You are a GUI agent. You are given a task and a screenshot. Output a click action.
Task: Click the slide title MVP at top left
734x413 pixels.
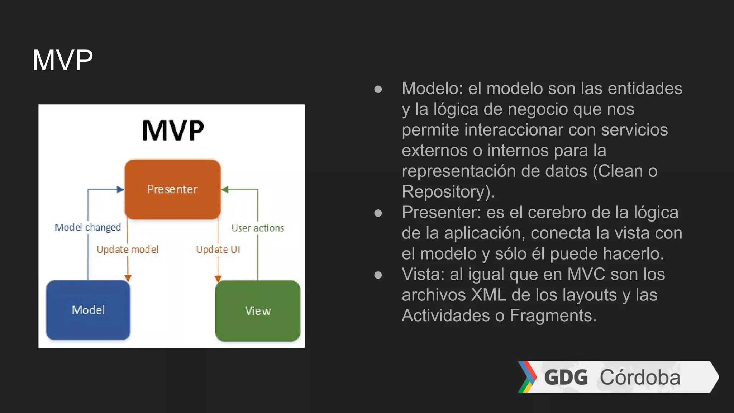(62, 60)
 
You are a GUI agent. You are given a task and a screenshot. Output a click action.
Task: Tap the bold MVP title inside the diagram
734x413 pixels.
(173, 130)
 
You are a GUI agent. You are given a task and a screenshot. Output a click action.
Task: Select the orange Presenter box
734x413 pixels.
(172, 189)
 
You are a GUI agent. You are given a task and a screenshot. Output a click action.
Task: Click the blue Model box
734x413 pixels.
(88, 310)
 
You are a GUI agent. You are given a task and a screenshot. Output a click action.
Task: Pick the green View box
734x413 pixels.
(258, 310)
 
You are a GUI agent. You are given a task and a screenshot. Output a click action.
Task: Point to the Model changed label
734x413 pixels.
(88, 227)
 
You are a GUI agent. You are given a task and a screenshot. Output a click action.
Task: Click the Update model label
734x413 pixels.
(127, 250)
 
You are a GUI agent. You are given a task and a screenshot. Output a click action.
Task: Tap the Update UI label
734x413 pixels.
(218, 250)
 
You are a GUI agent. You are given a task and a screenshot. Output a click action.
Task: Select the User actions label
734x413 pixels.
(257, 228)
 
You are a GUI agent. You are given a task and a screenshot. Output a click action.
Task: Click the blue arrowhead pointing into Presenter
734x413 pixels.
(120, 190)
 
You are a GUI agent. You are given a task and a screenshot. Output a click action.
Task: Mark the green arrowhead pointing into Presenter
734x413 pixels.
(225, 190)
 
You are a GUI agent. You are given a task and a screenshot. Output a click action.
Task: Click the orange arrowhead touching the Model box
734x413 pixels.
(128, 278)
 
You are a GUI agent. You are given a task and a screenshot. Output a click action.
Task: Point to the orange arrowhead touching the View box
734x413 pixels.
(218, 279)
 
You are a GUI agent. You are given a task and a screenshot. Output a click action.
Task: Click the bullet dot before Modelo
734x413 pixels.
(378, 89)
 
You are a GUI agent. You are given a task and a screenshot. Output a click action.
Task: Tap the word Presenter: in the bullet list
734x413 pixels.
(441, 212)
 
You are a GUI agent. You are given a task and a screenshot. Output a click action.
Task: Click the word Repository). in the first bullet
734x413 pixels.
(448, 191)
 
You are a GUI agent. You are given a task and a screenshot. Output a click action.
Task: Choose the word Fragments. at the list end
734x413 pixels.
(553, 315)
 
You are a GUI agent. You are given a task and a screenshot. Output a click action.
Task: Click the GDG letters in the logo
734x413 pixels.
(566, 377)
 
